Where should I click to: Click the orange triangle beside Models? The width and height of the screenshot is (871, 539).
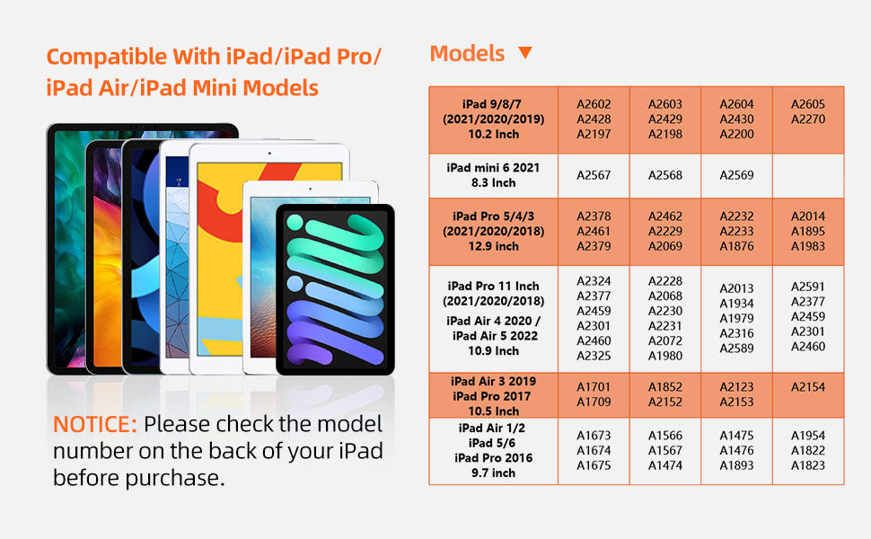point(525,52)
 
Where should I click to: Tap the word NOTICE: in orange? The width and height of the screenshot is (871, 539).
point(95,424)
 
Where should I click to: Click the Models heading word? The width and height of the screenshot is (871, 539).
point(467,53)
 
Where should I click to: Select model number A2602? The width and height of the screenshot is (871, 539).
point(594,104)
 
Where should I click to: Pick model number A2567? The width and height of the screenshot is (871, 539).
point(594,175)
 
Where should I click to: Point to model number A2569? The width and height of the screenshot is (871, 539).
point(736,175)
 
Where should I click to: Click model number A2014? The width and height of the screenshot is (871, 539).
point(808,216)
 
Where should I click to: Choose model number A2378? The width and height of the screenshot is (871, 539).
point(594,216)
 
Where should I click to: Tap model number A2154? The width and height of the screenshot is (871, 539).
point(808,386)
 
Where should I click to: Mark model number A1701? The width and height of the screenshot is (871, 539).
point(594,386)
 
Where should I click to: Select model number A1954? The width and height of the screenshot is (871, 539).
point(808,435)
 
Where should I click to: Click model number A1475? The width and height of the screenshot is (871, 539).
point(736,435)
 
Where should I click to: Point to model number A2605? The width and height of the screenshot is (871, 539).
point(808,104)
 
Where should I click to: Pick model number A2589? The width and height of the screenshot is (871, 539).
point(736,349)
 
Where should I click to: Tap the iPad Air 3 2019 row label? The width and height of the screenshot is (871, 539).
point(493,382)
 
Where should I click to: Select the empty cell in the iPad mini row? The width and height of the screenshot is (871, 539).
point(808,175)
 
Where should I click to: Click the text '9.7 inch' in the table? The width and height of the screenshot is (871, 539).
point(493,473)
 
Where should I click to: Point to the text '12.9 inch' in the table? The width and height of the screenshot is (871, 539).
point(493,246)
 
